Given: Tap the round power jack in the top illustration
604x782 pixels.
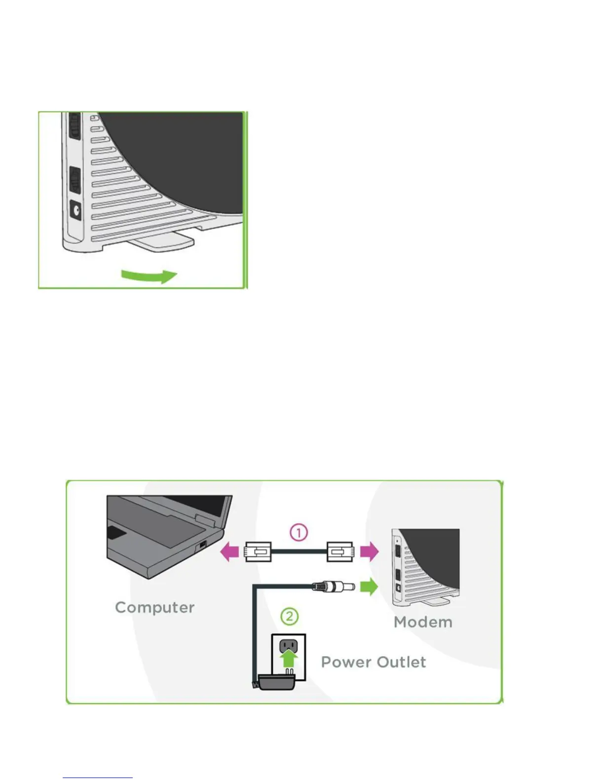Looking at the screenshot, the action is (x=76, y=212).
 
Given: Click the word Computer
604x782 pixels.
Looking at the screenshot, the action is (x=154, y=607).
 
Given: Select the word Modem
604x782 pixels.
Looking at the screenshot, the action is (x=423, y=622).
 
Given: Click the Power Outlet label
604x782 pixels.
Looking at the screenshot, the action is (x=374, y=662).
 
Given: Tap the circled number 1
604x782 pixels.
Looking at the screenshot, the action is (x=299, y=532).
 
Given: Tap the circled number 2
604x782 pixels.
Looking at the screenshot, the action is (x=289, y=616).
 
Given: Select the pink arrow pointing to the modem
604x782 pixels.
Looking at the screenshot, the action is (x=369, y=551).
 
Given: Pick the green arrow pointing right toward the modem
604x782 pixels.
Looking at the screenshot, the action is (x=369, y=587).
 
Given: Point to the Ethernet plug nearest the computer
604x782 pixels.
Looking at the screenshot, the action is (x=258, y=551).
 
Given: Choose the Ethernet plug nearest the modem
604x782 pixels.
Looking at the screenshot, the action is (x=340, y=551).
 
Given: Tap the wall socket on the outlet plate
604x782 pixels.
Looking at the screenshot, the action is (x=289, y=645).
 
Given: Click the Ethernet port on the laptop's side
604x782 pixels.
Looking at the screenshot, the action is (x=203, y=546).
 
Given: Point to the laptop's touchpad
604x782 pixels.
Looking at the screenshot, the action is (x=117, y=533).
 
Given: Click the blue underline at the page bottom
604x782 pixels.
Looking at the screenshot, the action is (x=98, y=778).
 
